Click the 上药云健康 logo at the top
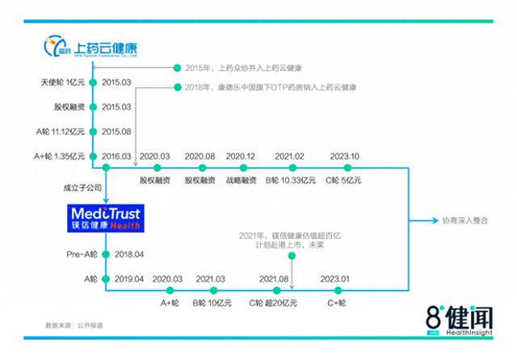tap(94, 48)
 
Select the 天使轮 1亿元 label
tap(62, 82)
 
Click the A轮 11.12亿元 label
tap(61, 132)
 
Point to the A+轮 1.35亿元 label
tap(61, 156)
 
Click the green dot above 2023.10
tap(347, 168)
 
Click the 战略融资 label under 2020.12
tap(241, 181)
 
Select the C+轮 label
tap(336, 303)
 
